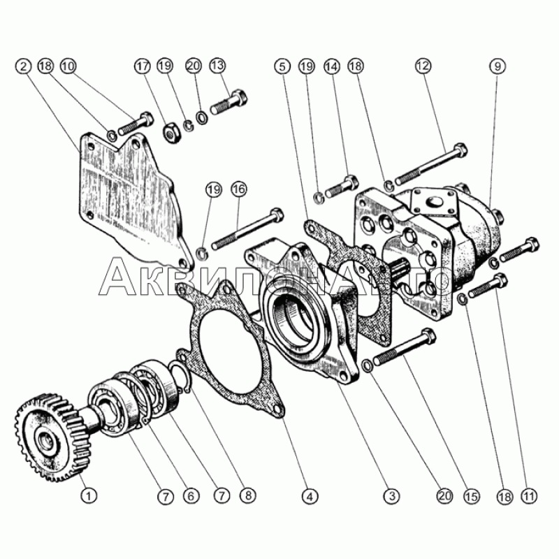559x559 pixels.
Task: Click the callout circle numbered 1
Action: pyautogui.click(x=87, y=495)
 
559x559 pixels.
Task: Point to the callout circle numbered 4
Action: pyautogui.click(x=305, y=495)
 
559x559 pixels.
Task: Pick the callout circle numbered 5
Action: pyautogui.click(x=282, y=66)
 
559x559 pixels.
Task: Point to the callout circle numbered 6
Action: pyautogui.click(x=187, y=495)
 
